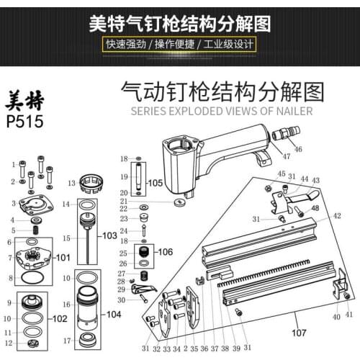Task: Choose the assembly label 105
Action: click(156, 184)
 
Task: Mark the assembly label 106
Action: click(165, 252)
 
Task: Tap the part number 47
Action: click(285, 156)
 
